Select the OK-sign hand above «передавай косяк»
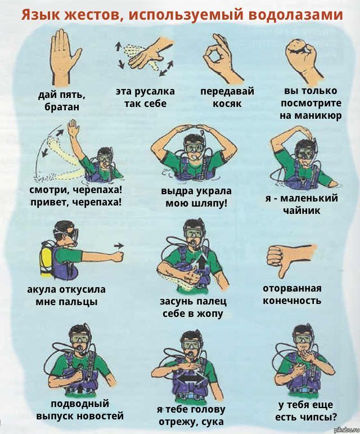(220, 59)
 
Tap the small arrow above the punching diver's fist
(119, 245)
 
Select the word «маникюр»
(311, 115)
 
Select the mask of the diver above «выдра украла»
(194, 147)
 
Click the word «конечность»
(292, 301)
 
